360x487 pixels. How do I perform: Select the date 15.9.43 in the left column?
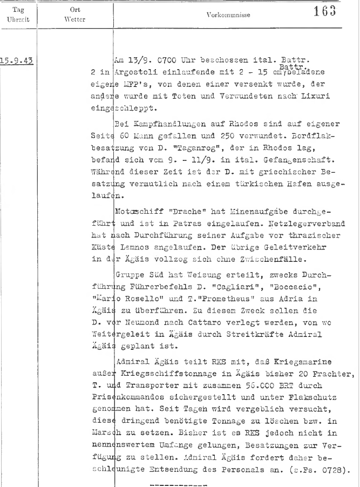click(17, 60)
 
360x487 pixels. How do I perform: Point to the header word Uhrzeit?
click(17, 19)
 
